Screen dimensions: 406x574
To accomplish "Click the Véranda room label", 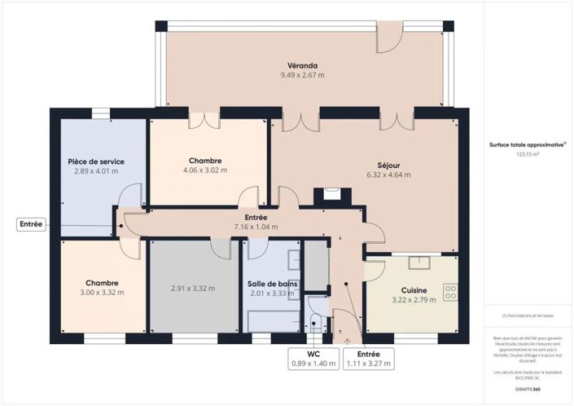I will tap(301, 65).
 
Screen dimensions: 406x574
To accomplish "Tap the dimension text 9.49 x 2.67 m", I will tap(301, 75).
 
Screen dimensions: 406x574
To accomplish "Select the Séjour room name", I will tap(388, 164).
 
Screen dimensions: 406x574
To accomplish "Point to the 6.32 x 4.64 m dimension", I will tap(388, 174).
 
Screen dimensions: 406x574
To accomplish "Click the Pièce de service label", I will tap(95, 161).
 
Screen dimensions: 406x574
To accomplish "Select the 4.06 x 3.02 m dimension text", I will tap(204, 170).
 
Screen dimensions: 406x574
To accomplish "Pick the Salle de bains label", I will tap(273, 284).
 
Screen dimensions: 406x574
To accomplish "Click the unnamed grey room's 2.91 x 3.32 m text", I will tap(192, 288).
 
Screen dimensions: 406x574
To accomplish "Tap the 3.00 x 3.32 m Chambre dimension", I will tap(102, 293).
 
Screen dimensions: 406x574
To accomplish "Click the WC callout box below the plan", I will tap(313, 360).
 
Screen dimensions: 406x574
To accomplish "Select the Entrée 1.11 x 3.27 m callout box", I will tap(368, 360).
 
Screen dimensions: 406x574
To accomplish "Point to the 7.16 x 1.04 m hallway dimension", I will tap(256, 227).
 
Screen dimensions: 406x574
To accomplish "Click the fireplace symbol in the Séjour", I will tap(331, 194).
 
